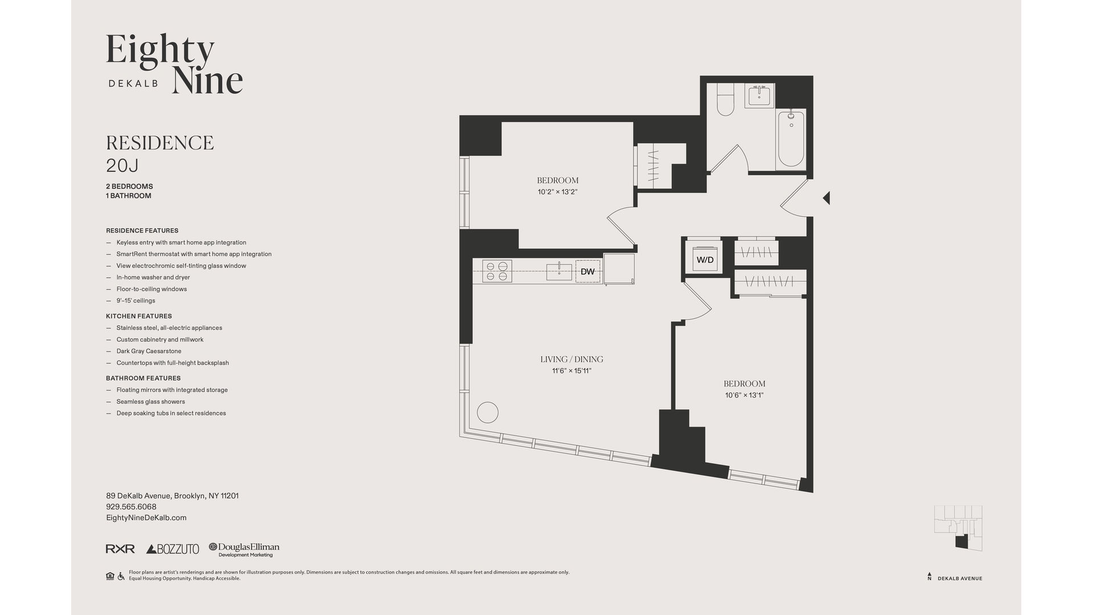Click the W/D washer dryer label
pyautogui.click(x=705, y=260)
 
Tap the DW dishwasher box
pyautogui.click(x=587, y=272)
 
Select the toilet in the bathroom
pyautogui.click(x=725, y=100)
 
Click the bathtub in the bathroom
pyautogui.click(x=791, y=140)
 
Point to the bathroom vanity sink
pyautogui.click(x=759, y=96)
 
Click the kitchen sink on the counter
pyautogui.click(x=559, y=272)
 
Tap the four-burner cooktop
pyautogui.click(x=497, y=271)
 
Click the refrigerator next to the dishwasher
pyautogui.click(x=619, y=269)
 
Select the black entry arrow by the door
pyautogui.click(x=827, y=198)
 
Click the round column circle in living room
pyautogui.click(x=488, y=412)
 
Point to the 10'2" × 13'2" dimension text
pyautogui.click(x=557, y=192)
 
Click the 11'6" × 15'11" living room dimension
pyautogui.click(x=572, y=371)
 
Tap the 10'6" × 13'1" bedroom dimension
pyautogui.click(x=744, y=395)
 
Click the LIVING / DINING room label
pyautogui.click(x=572, y=359)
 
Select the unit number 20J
pyautogui.click(x=122, y=166)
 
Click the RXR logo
pyautogui.click(x=120, y=549)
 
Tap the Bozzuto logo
pyautogui.click(x=173, y=549)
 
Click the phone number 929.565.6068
pyautogui.click(x=131, y=507)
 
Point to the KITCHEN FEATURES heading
pyautogui.click(x=139, y=316)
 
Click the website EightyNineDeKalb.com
pyautogui.click(x=146, y=518)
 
